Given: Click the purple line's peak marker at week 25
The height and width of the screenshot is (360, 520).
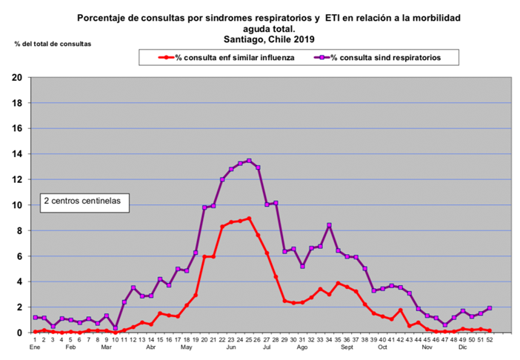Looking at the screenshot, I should pos(249,161).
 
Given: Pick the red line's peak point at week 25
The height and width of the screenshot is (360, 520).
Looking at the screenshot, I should pos(249,219).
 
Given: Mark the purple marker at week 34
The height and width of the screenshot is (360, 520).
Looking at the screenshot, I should pos(329,225).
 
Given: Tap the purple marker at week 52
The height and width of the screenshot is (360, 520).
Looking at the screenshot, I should pos(490,308).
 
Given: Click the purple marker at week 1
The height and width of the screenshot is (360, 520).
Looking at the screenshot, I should pos(35,318).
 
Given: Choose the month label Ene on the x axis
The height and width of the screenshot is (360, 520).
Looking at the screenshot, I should pos(34,347).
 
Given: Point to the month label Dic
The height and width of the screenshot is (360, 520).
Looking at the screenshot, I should pos(461,347).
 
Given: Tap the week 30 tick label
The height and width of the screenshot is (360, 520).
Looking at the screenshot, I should pos(293,339).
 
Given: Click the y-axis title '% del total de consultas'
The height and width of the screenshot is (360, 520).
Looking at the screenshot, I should pos(53,44).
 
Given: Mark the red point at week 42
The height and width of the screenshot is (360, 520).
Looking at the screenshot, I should pos(400,310).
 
